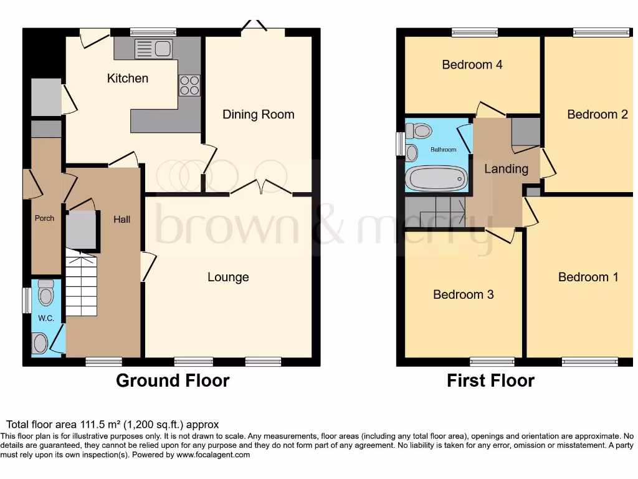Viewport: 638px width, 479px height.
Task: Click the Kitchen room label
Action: point(128,78)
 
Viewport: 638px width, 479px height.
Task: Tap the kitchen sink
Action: point(153,49)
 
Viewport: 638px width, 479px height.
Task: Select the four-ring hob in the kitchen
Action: point(189,85)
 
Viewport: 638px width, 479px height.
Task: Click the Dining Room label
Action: point(258,114)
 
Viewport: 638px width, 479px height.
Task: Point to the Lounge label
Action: point(228,277)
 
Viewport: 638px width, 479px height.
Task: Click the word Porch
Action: point(44,218)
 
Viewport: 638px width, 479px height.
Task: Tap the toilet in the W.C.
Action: point(45,291)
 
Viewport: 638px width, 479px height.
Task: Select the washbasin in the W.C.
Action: point(40,343)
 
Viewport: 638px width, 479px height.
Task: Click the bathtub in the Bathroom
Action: point(436,178)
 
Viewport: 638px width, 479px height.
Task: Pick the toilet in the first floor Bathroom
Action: point(421,131)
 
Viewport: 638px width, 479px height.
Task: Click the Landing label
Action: point(506,168)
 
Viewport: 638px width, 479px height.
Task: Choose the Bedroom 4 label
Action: point(472,64)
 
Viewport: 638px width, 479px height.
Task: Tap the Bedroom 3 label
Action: point(463,294)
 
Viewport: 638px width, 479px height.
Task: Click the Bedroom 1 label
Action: point(588,277)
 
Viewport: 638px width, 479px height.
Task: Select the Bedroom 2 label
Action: point(596,114)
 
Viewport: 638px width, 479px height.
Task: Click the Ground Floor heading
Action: point(173,380)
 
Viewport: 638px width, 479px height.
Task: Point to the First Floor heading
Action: point(490,380)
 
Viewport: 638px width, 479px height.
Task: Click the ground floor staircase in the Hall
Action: point(82,284)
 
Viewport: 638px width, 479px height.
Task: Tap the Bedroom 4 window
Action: point(475,32)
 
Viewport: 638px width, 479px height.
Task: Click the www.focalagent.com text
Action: point(212,455)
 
